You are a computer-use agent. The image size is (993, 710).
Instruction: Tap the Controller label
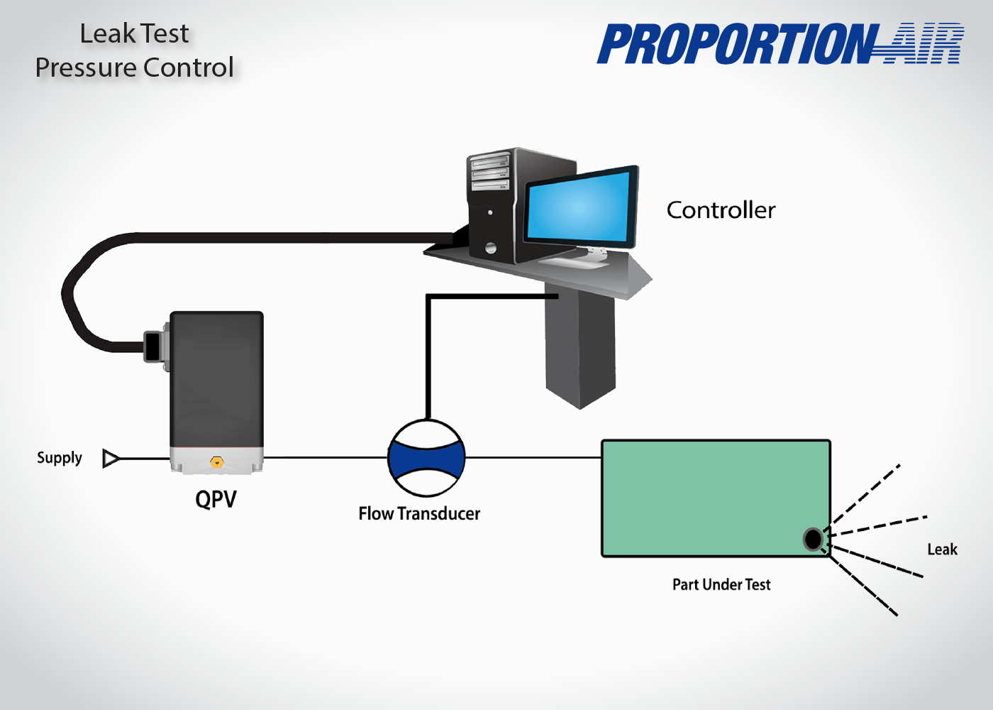point(721,210)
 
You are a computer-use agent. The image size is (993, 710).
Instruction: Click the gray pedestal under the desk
point(580,348)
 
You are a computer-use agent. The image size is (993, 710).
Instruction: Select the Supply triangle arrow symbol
point(110,459)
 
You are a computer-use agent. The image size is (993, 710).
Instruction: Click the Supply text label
point(60,458)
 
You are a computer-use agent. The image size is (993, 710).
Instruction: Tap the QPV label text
point(216,499)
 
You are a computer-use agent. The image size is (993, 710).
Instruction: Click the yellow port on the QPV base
point(217,463)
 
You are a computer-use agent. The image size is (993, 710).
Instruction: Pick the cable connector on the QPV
point(153,346)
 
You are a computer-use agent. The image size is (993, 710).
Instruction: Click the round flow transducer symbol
point(426,459)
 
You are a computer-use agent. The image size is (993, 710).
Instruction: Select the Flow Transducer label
point(419,513)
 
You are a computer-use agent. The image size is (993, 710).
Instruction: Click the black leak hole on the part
point(813,540)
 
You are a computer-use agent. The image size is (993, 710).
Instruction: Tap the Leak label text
point(942,550)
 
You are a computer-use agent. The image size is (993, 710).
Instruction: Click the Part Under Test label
point(721,584)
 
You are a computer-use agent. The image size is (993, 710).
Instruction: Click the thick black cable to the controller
point(284,238)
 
